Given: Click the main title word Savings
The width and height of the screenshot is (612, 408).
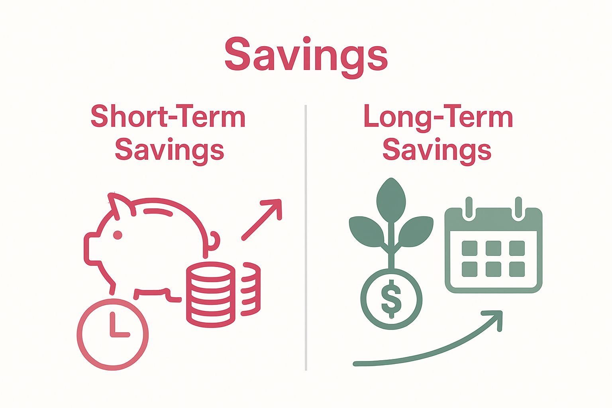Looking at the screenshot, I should [306, 55].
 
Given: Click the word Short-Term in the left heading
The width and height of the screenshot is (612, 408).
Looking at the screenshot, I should [168, 117].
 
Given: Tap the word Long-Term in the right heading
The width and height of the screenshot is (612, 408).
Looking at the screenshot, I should [438, 117].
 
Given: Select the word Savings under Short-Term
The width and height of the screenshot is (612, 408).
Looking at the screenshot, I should [169, 150].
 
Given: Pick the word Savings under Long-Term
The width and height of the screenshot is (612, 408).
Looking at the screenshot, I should [437, 150].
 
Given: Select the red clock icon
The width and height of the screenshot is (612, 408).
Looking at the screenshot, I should [113, 333].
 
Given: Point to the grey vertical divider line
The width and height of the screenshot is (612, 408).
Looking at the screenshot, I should [306, 239].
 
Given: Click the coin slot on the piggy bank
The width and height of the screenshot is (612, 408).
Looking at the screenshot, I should [158, 212].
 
